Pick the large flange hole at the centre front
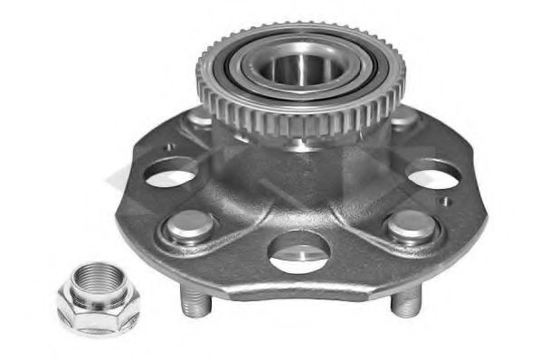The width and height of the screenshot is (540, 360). (x=299, y=248)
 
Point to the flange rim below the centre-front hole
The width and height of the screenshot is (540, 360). (x=299, y=286)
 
